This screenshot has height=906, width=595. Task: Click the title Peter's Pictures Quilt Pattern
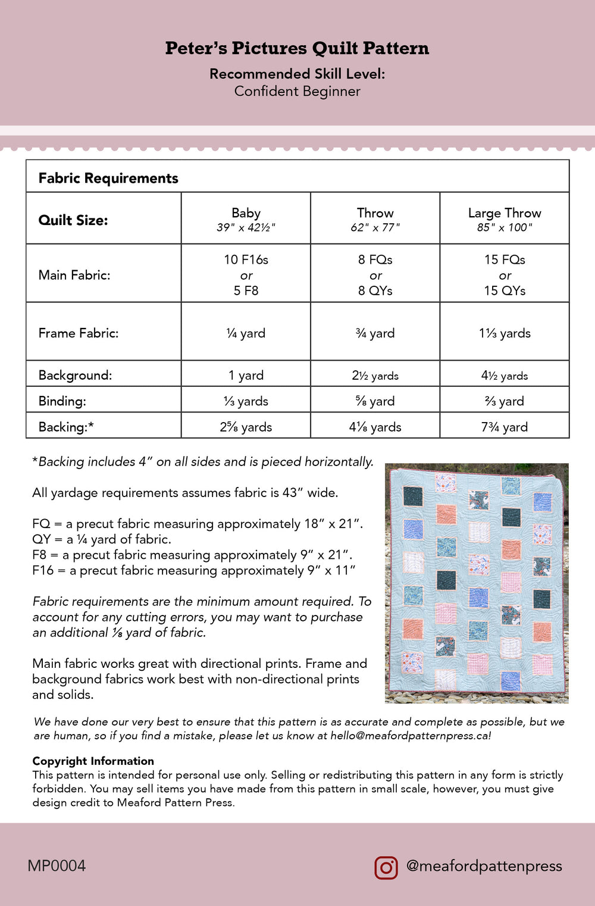click(x=297, y=48)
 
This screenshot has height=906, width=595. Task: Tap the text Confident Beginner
click(x=297, y=91)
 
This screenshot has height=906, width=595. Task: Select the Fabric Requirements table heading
click(x=108, y=178)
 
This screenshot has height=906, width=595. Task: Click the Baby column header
click(x=246, y=213)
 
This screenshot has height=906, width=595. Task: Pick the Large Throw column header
click(x=505, y=213)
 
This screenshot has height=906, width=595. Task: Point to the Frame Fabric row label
click(x=79, y=333)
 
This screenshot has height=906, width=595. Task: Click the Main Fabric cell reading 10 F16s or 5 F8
click(x=246, y=275)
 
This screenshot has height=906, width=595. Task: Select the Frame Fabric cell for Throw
click(x=375, y=333)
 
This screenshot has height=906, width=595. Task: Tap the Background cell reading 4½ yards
click(x=505, y=376)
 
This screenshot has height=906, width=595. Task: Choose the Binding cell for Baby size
click(x=246, y=401)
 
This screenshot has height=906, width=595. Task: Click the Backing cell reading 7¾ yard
click(x=505, y=427)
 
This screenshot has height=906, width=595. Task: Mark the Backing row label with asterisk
click(x=66, y=427)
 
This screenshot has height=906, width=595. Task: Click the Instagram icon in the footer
click(x=386, y=867)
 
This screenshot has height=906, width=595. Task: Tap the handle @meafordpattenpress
click(x=484, y=866)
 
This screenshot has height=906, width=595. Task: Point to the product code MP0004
click(x=57, y=866)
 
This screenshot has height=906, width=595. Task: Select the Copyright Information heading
click(x=93, y=761)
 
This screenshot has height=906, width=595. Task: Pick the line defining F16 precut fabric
click(x=194, y=570)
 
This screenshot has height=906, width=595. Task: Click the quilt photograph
click(x=477, y=583)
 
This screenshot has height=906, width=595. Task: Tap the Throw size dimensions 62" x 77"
click(x=375, y=227)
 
